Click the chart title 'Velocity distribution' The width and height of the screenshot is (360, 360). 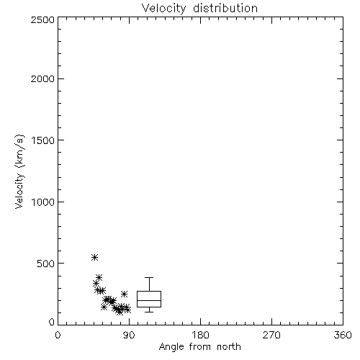[x=199, y=8]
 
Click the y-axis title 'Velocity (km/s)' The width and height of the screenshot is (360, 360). [x=19, y=171]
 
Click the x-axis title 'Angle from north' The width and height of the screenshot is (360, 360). [x=199, y=346]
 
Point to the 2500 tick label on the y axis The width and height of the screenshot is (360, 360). [x=42, y=19]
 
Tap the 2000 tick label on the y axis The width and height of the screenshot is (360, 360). [x=42, y=78]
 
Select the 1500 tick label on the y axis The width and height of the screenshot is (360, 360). [x=43, y=140]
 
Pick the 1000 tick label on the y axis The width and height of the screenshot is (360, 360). [x=43, y=202]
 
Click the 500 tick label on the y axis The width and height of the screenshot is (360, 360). [x=46, y=264]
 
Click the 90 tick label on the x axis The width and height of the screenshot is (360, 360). [x=129, y=335]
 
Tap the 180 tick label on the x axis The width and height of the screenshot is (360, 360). [x=200, y=335]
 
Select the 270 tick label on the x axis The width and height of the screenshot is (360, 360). [x=271, y=335]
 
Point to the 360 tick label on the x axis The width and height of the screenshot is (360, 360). [x=343, y=335]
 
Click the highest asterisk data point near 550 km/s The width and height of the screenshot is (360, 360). [x=94, y=257]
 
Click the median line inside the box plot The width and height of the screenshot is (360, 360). [x=149, y=300]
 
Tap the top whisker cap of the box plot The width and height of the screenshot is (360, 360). [x=149, y=278]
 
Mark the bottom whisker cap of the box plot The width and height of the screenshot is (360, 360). [x=149, y=312]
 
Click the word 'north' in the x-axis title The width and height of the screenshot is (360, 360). [x=229, y=346]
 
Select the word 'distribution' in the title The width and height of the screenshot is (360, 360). [x=225, y=8]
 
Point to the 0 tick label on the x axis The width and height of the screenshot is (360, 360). [x=58, y=335]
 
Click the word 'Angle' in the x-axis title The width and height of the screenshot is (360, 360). [x=171, y=347]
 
